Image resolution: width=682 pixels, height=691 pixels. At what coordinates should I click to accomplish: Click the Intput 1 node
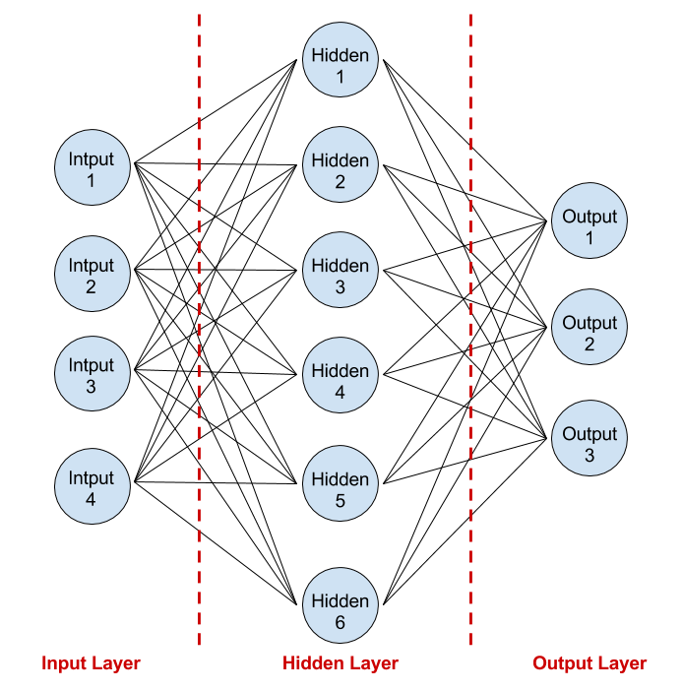pos(92,168)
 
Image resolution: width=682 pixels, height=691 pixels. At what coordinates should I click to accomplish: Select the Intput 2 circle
pos(92,275)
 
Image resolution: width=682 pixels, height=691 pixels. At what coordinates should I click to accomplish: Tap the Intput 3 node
pos(92,374)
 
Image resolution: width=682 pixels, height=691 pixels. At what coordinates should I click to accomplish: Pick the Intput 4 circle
pos(92,487)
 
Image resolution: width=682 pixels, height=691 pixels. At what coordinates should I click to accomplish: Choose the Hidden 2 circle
pos(341,169)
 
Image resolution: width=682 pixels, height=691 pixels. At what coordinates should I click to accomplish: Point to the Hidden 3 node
pos(341,275)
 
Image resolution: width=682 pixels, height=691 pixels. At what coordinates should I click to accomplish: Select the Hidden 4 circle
pos(341,380)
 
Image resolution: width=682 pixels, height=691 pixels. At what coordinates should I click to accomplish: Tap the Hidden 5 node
pos(341,488)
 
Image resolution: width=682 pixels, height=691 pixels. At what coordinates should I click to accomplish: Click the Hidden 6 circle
pos(341,610)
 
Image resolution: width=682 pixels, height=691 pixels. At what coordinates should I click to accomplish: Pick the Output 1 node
pos(589,220)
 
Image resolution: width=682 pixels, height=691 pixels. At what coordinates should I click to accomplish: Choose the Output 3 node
pos(589,438)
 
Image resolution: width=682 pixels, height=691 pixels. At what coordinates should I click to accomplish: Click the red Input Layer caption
pos(92,663)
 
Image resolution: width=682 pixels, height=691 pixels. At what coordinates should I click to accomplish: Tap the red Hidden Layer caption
pos(341,663)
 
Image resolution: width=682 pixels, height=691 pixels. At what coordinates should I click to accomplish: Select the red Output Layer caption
pos(589,663)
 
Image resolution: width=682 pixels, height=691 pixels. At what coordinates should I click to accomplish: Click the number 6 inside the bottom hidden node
pos(341,623)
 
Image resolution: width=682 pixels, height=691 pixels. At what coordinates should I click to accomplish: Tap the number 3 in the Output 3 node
pos(589,456)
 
